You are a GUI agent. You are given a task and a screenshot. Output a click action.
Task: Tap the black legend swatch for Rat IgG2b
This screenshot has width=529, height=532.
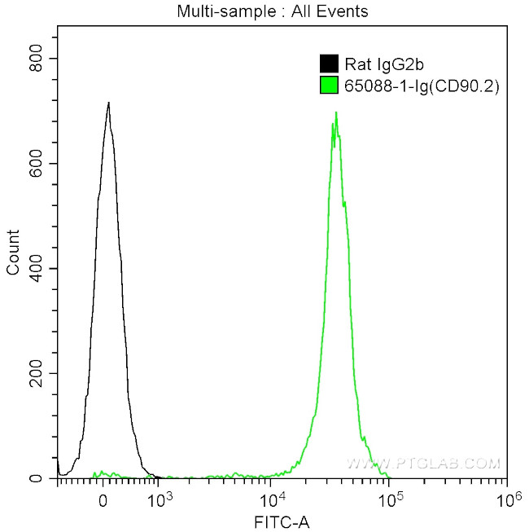click(329, 64)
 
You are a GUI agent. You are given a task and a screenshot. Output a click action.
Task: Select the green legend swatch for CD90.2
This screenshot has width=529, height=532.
click(329, 83)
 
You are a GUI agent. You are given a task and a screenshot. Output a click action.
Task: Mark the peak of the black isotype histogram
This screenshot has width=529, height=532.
click(107, 103)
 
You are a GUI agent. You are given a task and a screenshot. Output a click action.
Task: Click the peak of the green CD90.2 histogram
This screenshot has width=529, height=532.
click(335, 113)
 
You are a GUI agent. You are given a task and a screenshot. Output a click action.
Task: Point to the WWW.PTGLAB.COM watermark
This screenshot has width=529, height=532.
click(423, 463)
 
